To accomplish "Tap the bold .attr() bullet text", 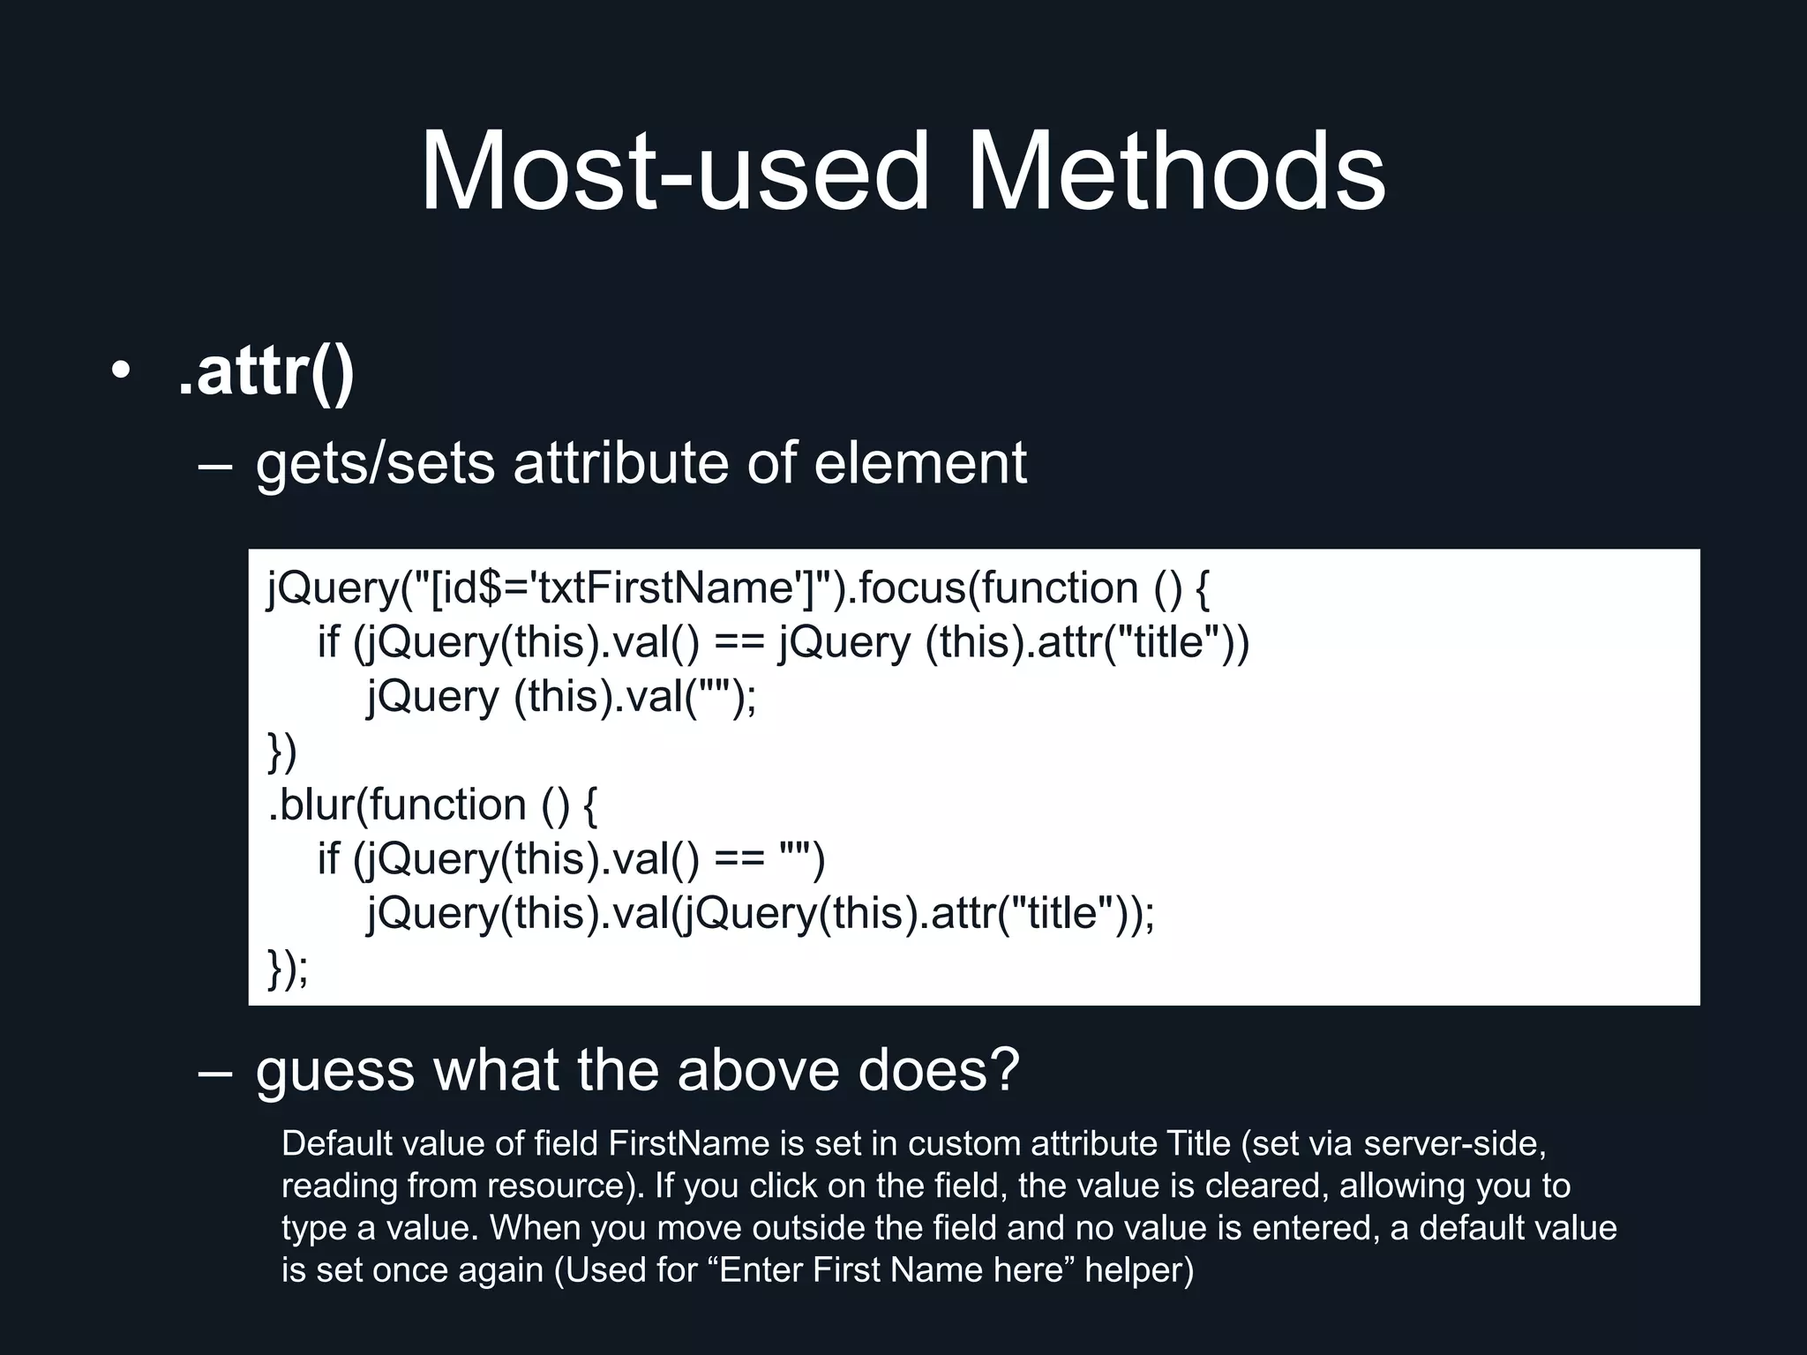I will tap(266, 372).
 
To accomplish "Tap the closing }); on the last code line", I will tap(288, 967).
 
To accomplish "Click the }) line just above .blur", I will tap(282, 751).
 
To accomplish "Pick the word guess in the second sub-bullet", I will tap(335, 1070).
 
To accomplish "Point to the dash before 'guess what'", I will tap(215, 1071).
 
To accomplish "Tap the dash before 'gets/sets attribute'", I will tap(215, 464).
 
